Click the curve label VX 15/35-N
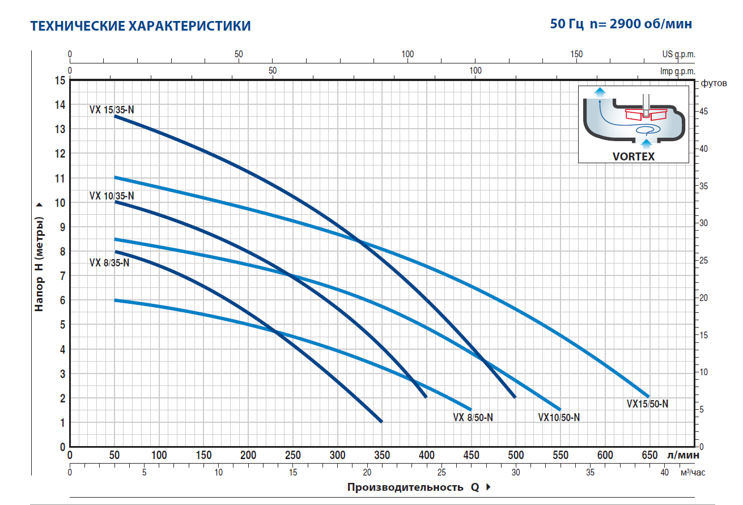coord(112,110)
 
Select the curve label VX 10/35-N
coord(112,196)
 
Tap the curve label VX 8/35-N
coord(109,262)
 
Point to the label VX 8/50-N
coord(473,418)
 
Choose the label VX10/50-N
coord(558,418)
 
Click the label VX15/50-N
coord(647,404)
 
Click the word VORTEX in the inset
coord(633,156)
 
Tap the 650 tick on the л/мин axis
coord(649,455)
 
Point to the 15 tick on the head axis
coord(60,80)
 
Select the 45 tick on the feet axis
coord(703,111)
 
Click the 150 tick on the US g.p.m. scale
coord(576,54)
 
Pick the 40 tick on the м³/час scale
coord(665,472)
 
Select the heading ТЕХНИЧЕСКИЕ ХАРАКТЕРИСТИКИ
coord(140,26)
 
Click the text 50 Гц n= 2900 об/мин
coord(621,24)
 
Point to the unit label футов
coord(714,83)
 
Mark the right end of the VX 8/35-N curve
coord(381,422)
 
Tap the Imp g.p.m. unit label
coord(677,71)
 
